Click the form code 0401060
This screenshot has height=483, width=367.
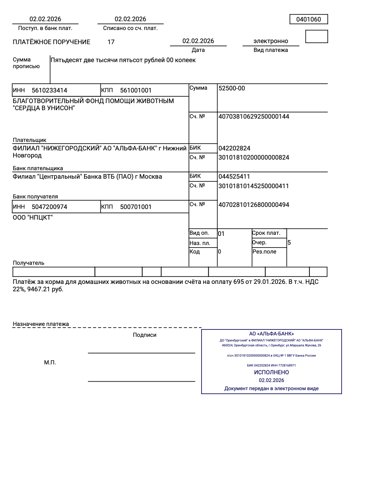click(308, 19)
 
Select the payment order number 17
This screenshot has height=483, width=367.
click(111, 42)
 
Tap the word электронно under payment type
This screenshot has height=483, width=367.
click(270, 41)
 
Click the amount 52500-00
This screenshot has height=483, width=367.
click(232, 88)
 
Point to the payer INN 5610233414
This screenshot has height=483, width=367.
click(49, 90)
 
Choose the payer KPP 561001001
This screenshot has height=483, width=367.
click(136, 90)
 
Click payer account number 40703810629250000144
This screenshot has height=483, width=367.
click(254, 117)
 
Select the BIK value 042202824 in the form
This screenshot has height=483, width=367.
click(234, 148)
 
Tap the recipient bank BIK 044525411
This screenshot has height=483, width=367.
click(234, 177)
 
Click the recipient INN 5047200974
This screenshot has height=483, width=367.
click(49, 207)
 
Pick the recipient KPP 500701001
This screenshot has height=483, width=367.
click(136, 207)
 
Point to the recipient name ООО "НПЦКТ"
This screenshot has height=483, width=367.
click(33, 217)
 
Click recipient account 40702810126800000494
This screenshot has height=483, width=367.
click(254, 205)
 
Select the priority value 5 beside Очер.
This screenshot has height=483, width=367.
click(289, 243)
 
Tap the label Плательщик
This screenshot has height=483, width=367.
click(29, 140)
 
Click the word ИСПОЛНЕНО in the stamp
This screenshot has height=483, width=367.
click(271, 372)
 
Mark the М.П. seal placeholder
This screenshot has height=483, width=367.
click(50, 363)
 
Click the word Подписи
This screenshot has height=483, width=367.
click(145, 335)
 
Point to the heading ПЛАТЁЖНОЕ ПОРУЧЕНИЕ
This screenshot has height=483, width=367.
click(51, 42)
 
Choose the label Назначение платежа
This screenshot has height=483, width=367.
click(41, 324)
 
